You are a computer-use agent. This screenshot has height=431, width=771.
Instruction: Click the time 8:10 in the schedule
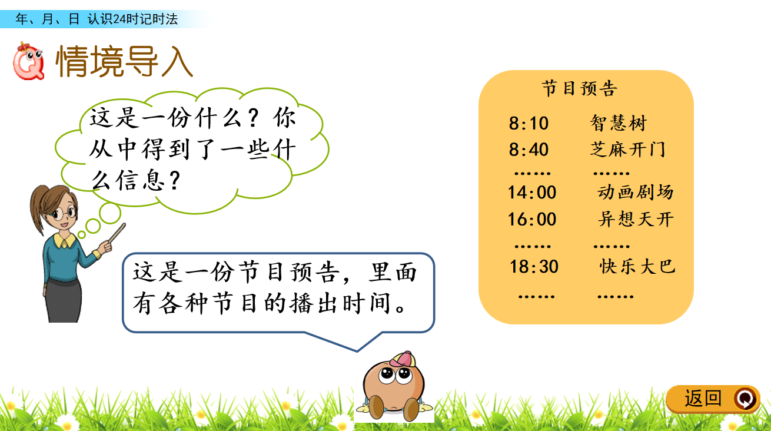[529, 123]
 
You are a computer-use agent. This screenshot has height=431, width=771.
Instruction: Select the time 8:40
[529, 150]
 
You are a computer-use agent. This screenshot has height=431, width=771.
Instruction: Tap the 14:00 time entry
[532, 192]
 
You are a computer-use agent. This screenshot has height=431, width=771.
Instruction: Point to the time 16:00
[532, 219]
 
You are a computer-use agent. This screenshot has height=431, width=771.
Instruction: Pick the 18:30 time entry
[534, 267]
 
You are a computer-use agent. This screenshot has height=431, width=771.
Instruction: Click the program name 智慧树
[619, 123]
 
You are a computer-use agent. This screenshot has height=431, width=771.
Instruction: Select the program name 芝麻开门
[628, 150]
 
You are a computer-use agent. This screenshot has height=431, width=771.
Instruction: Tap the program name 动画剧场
[636, 192]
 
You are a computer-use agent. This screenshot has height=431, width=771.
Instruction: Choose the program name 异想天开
[636, 219]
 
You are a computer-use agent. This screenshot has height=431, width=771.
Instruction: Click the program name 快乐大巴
[637, 267]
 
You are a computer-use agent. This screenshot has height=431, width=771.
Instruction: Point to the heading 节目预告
[580, 88]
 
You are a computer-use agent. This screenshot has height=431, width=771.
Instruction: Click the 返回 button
[713, 399]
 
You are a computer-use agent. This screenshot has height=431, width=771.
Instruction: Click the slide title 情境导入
[124, 61]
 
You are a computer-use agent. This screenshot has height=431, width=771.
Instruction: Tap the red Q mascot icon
[29, 61]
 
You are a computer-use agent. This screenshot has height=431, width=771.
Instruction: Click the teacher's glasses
[64, 213]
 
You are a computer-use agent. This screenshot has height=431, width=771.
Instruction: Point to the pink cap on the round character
[403, 359]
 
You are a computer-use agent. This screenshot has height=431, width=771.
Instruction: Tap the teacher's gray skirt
[64, 300]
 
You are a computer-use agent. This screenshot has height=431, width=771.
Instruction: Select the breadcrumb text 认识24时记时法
[132, 19]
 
